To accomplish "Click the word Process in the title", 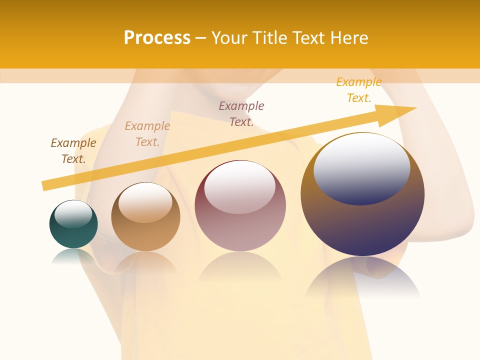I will (157, 38).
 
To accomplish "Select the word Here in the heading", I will (348, 38).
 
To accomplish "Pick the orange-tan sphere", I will (145, 235).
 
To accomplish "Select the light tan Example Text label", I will (147, 134).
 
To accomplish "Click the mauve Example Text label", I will (241, 114).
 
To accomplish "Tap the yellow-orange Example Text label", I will (359, 90).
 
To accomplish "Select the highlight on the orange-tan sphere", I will (145, 202).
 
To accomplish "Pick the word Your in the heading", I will (227, 38).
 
